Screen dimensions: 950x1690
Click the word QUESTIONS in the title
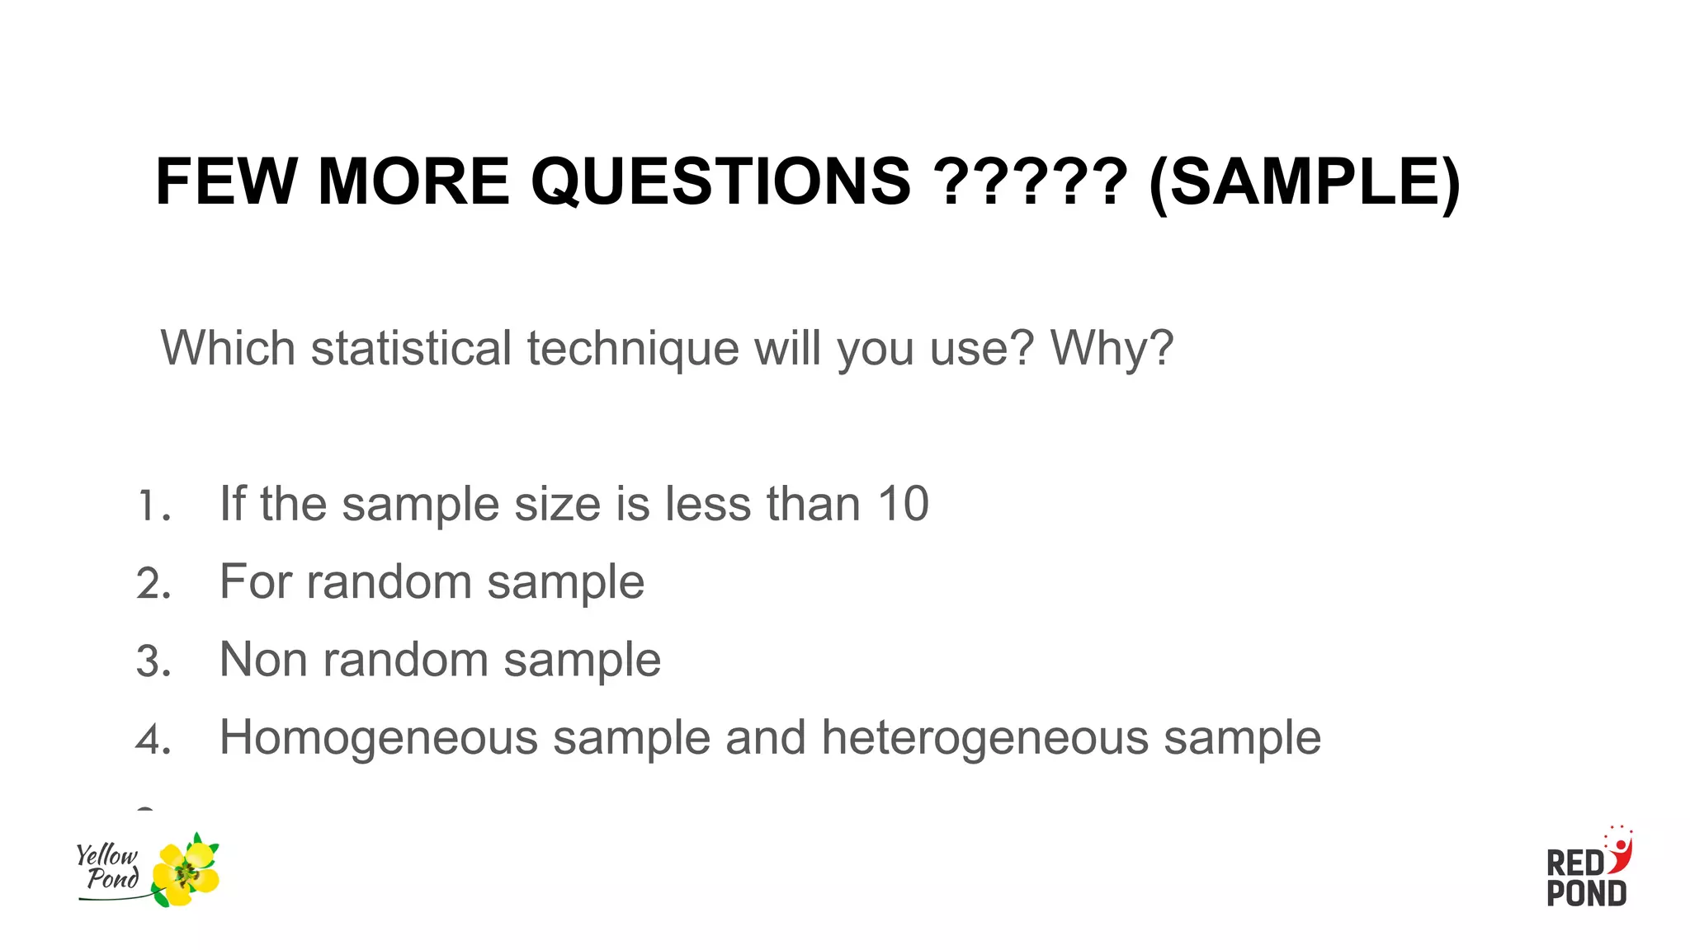click(x=720, y=182)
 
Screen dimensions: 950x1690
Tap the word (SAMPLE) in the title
click(x=1304, y=182)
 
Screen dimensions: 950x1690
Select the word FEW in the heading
click(x=226, y=182)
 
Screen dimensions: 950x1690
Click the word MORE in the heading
click(x=413, y=182)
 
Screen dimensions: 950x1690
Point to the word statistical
click(x=411, y=347)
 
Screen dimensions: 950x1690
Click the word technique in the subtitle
click(x=633, y=349)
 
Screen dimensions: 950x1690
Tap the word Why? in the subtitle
click(x=1111, y=347)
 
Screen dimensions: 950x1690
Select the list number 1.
click(x=152, y=506)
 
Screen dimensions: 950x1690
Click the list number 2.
click(x=153, y=584)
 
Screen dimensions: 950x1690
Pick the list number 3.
click(x=153, y=661)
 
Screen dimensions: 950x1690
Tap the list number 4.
click(x=153, y=739)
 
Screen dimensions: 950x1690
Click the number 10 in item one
click(x=903, y=504)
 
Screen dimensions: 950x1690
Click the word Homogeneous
click(x=378, y=737)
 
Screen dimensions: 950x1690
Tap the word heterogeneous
click(x=984, y=737)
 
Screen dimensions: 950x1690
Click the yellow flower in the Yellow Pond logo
click(x=187, y=872)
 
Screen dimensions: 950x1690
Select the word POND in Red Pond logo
click(x=1586, y=894)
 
